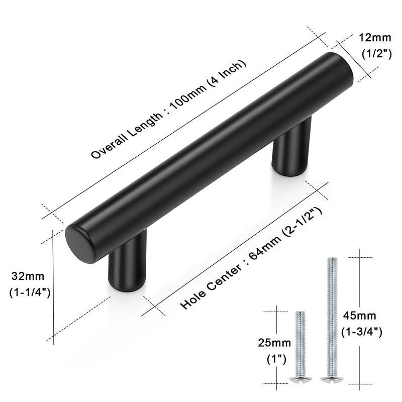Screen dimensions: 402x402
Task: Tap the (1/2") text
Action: tap(376, 53)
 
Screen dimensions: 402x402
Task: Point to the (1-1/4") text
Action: tap(30, 292)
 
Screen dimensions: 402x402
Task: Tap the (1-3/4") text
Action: tap(362, 332)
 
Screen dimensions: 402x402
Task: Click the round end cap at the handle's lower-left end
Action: tap(77, 243)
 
